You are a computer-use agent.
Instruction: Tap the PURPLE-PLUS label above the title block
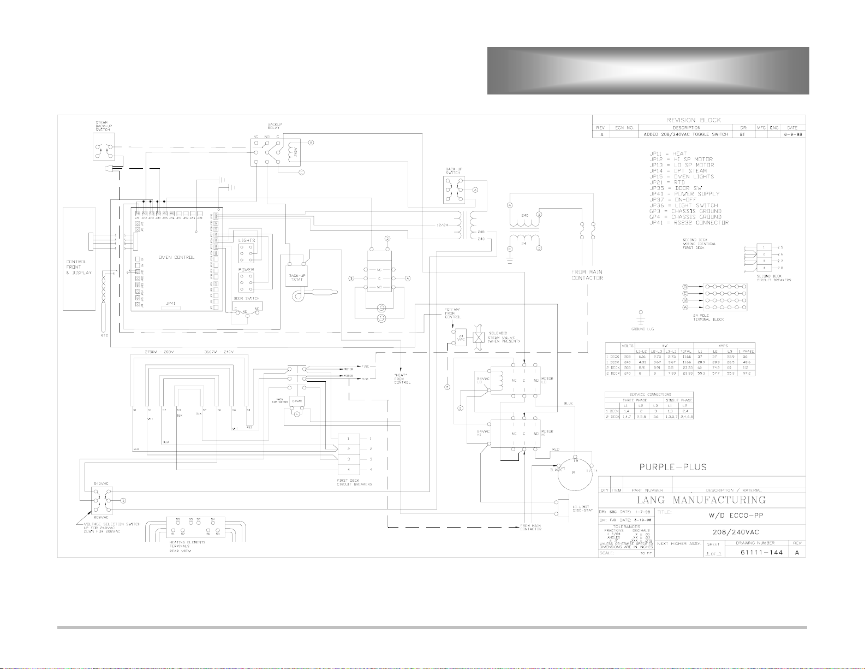673,467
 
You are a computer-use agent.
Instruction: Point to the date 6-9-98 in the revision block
792,134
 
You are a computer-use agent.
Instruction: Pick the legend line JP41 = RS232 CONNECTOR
689,223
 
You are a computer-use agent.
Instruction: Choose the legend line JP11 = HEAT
668,153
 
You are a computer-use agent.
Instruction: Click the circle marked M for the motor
574,473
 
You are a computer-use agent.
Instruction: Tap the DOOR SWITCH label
246,299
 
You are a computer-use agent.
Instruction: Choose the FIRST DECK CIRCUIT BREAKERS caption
355,482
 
